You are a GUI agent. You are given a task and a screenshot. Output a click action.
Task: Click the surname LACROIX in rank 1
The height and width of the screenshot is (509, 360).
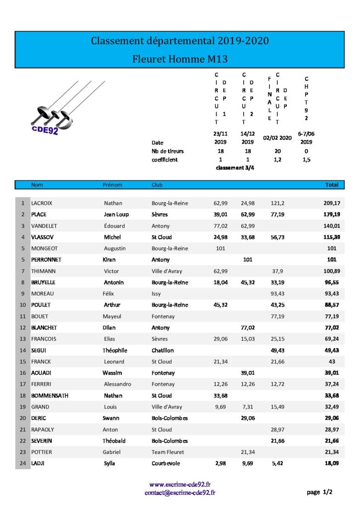[42, 203]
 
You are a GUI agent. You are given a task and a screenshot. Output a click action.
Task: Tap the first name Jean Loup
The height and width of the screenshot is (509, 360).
[116, 215]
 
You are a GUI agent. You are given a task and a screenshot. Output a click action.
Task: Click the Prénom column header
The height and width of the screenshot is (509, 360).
[112, 185]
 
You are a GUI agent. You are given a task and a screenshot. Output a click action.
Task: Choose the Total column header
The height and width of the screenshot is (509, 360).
[332, 185]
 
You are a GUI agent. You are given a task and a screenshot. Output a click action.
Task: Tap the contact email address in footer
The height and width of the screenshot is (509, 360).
[180, 493]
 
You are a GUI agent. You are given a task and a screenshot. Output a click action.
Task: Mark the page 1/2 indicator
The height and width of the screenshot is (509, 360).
[320, 492]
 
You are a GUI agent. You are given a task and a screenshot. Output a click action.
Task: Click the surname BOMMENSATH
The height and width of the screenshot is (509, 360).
[50, 396]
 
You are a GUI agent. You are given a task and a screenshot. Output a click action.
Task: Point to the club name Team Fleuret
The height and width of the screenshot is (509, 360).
[168, 452]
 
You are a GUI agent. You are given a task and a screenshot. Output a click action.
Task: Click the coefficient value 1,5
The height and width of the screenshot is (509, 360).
[306, 160]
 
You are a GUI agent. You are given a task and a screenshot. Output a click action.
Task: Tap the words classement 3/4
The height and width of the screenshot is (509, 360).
[234, 169]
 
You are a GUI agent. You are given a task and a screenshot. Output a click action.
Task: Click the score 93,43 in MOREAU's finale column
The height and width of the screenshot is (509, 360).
[277, 294]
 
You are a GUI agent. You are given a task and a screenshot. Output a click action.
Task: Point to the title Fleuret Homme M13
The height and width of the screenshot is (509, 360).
[180, 59]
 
